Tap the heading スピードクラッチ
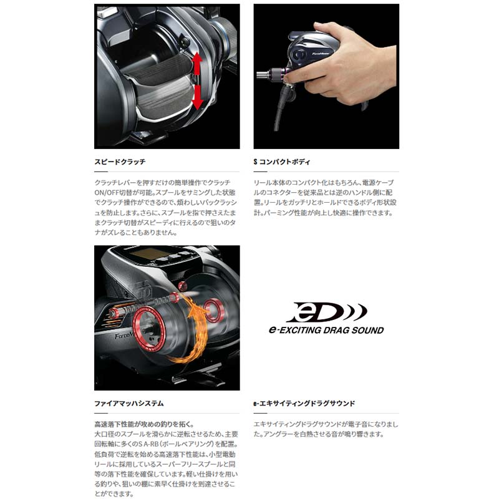click(x=120, y=162)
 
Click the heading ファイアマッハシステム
click(x=128, y=404)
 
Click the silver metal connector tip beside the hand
click(x=260, y=77)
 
